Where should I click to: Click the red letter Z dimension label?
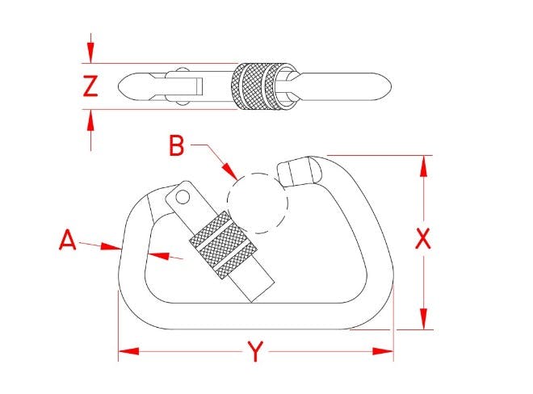(x=90, y=86)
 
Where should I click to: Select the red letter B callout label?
(x=177, y=145)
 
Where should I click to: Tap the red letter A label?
(x=68, y=240)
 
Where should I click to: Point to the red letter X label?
(x=423, y=239)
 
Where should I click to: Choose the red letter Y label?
(x=255, y=352)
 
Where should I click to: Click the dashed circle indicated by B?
(x=258, y=203)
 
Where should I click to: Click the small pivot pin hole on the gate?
(x=183, y=197)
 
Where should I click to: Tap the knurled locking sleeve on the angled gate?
(x=224, y=245)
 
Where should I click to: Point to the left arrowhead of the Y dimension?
(x=128, y=351)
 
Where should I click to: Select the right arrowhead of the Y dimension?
(x=383, y=351)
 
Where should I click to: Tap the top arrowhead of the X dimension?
(x=423, y=166)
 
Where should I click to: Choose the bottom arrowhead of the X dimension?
(x=423, y=319)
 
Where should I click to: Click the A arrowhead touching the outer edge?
(x=111, y=246)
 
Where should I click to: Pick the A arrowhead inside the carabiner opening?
(x=158, y=256)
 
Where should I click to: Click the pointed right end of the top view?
(x=391, y=86)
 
